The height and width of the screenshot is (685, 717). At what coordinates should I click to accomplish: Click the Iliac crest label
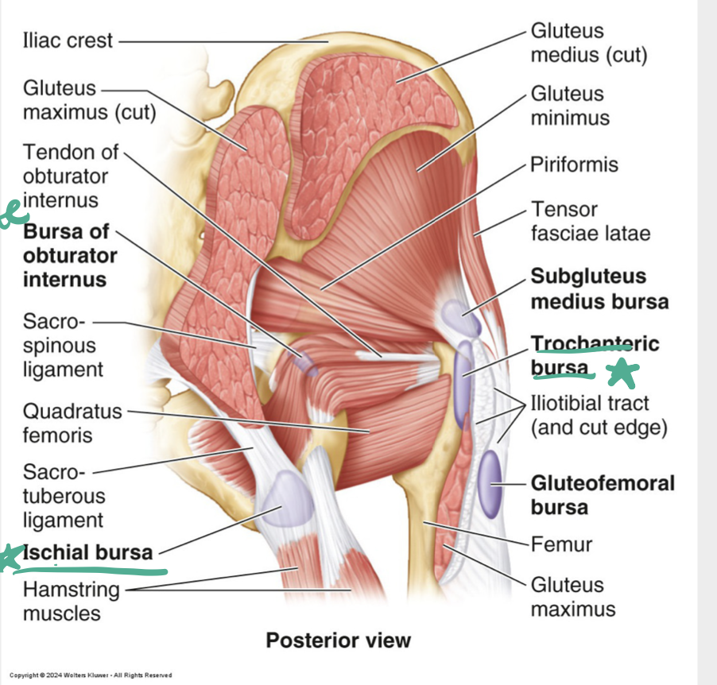pos(68,41)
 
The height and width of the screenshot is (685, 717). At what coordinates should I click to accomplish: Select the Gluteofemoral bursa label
pos(603,494)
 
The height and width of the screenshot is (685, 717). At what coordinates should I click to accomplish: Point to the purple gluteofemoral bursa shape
pos(490,482)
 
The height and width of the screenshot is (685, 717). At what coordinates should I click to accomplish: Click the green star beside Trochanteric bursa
pos(623,373)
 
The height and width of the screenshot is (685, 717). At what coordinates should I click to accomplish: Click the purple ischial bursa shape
pos(280,499)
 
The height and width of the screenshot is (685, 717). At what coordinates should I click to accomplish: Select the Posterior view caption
pos(338,640)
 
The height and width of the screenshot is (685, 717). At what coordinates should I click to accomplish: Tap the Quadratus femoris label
pos(72,423)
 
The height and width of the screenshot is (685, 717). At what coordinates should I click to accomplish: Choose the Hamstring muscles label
pos(72,601)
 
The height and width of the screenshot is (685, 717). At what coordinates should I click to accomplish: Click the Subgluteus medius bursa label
pos(599,289)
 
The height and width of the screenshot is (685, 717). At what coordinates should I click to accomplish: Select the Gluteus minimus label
pos(570,106)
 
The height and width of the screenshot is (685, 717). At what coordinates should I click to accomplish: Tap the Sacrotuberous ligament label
pos(64,496)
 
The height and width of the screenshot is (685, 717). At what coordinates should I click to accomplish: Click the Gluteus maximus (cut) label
pos(89,99)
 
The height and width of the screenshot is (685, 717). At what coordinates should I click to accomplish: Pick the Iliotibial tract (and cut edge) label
pos(599,415)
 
